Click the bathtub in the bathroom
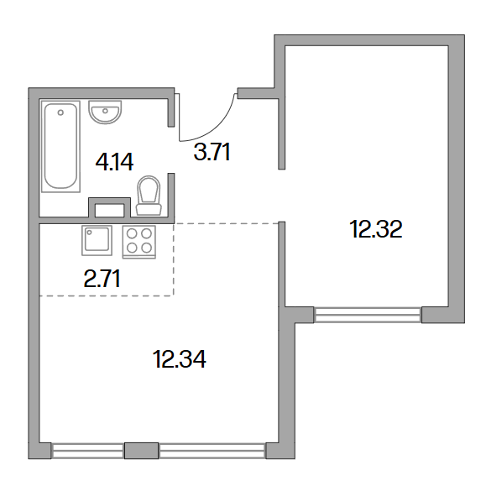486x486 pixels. (60, 146)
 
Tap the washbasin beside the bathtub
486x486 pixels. (105, 112)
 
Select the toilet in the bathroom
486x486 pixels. (149, 196)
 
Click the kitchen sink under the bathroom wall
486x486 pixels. (97, 241)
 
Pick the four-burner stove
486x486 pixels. (139, 242)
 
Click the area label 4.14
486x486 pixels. (114, 162)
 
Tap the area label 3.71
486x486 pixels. (212, 152)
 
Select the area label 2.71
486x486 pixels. (102, 279)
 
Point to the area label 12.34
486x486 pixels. (179, 359)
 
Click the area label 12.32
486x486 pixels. (376, 229)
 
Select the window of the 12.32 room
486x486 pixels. (368, 315)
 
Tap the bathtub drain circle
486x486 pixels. (60, 112)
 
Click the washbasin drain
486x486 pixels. (106, 111)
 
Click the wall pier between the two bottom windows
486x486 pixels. (141, 451)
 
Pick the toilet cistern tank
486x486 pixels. (149, 209)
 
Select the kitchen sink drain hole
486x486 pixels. (89, 233)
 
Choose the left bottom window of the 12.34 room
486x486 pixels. (88, 451)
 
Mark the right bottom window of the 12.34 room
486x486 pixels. (212, 451)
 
